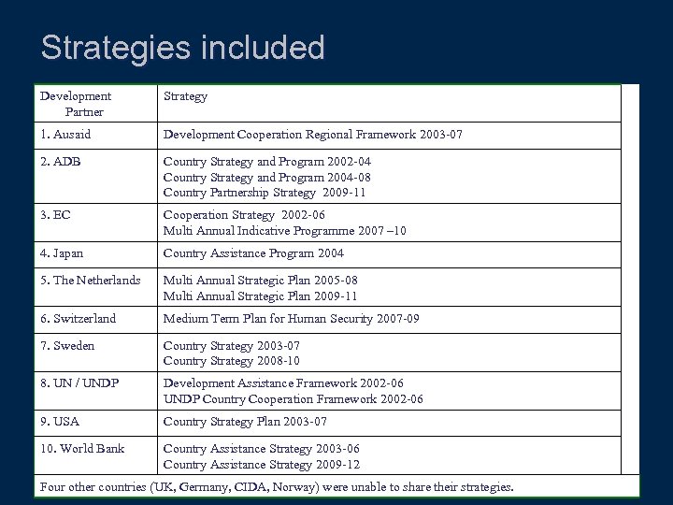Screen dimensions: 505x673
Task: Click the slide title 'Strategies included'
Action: tap(183, 48)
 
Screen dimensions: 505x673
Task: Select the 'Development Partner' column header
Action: tap(76, 104)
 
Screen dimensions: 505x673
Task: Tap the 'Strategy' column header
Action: tap(185, 95)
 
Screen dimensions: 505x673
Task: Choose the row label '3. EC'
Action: tap(55, 214)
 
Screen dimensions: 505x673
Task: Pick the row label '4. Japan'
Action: tap(64, 253)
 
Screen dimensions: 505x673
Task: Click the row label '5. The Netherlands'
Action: tap(90, 280)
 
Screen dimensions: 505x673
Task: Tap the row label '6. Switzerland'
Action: tap(78, 319)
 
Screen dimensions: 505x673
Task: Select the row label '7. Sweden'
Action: tap(67, 345)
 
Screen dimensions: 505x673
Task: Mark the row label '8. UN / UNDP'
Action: tap(79, 382)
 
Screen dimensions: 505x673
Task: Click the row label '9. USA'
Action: tap(59, 422)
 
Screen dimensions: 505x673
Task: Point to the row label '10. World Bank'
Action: tap(82, 448)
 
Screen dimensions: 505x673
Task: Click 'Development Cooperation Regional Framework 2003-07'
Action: tap(312, 136)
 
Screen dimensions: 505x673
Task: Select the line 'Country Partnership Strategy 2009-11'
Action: tap(265, 193)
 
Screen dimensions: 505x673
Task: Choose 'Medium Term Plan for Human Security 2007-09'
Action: tap(291, 319)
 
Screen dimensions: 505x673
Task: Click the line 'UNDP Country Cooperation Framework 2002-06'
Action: tap(294, 398)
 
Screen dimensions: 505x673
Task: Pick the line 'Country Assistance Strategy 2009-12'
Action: tap(262, 464)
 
